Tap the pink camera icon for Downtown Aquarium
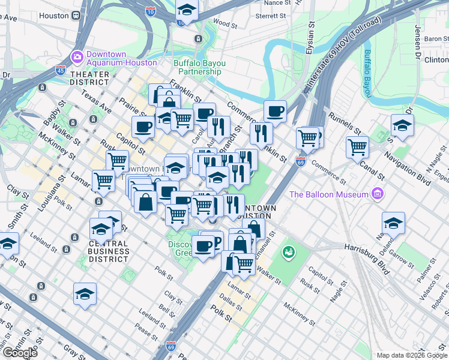click(77, 58)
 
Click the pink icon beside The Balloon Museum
click(376, 193)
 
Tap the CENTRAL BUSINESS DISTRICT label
click(108, 251)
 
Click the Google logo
click(20, 352)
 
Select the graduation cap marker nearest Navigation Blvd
click(402, 126)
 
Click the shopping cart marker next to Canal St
click(357, 146)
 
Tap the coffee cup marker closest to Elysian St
click(275, 111)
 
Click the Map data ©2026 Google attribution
click(412, 355)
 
